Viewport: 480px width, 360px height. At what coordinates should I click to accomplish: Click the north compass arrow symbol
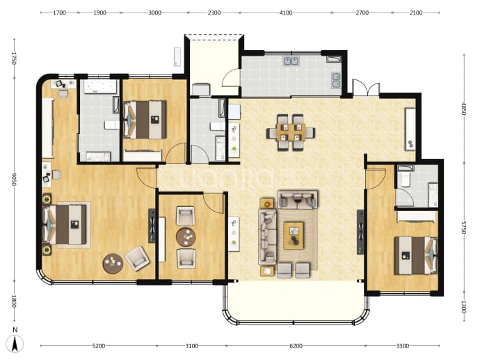15,343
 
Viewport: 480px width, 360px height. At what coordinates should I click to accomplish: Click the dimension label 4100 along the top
286,13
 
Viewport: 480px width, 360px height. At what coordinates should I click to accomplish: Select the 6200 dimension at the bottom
296,346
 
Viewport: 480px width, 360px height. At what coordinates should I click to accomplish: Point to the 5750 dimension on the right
464,228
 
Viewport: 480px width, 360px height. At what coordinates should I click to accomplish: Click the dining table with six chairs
291,132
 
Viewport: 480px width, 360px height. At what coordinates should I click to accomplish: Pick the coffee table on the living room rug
294,235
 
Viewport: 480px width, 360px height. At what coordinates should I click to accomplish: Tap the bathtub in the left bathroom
100,87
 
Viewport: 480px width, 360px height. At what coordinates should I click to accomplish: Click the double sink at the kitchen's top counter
291,61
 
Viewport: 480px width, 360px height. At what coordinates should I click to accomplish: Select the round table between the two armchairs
186,237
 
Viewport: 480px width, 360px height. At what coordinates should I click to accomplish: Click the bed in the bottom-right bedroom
416,256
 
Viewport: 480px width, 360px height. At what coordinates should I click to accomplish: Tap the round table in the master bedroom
113,263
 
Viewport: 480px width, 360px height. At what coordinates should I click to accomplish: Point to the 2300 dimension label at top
214,13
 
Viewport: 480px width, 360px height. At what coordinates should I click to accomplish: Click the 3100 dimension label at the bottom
191,346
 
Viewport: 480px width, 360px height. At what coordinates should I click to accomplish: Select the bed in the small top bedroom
145,120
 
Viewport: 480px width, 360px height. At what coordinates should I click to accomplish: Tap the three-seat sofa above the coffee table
297,199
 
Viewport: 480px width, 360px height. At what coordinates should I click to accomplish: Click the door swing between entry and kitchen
231,77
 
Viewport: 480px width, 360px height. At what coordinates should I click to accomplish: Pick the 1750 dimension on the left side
14,58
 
